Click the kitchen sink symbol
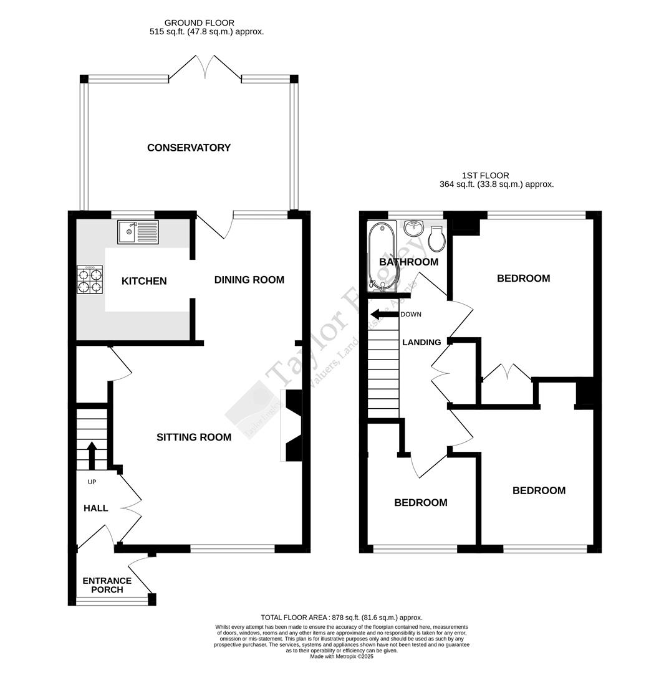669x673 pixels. point(138,232)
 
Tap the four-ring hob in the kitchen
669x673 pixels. point(90,280)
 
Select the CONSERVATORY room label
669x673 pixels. point(189,148)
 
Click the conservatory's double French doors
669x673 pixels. point(205,67)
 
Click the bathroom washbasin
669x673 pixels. point(413,229)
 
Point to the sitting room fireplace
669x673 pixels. point(292,426)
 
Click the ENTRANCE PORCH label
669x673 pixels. point(107,585)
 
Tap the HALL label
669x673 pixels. point(96,508)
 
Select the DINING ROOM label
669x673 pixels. point(249,280)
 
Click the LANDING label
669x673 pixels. point(421,342)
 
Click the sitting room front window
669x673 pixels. point(232,548)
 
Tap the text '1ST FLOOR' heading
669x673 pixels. point(485,176)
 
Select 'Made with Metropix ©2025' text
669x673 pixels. point(342,656)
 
